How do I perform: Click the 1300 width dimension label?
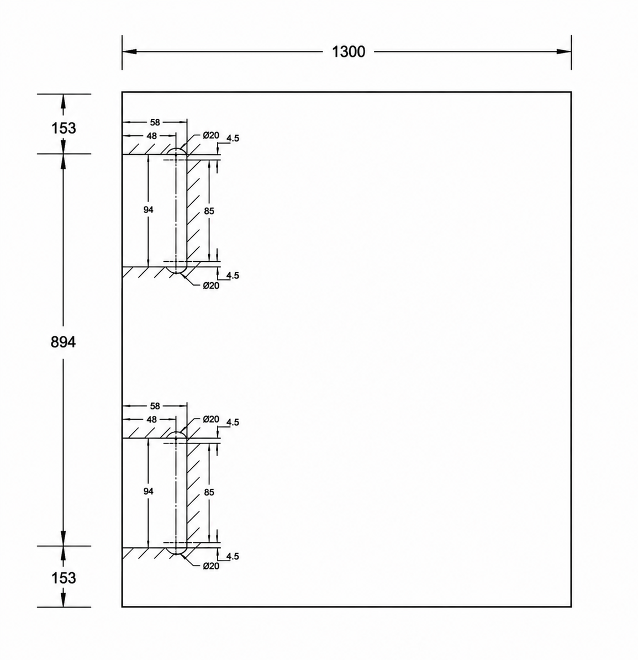pyautogui.click(x=349, y=52)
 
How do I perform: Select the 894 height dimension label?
pyautogui.click(x=63, y=342)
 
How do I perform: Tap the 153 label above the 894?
pyautogui.click(x=64, y=128)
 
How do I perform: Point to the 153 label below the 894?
pyautogui.click(x=64, y=578)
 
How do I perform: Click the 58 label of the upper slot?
pyautogui.click(x=155, y=123)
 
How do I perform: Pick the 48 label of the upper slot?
pyautogui.click(x=151, y=136)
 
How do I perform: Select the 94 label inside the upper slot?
pyautogui.click(x=148, y=210)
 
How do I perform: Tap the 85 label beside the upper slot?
pyautogui.click(x=209, y=211)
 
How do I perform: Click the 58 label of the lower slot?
pyautogui.click(x=155, y=406)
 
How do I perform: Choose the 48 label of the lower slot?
pyautogui.click(x=151, y=420)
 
